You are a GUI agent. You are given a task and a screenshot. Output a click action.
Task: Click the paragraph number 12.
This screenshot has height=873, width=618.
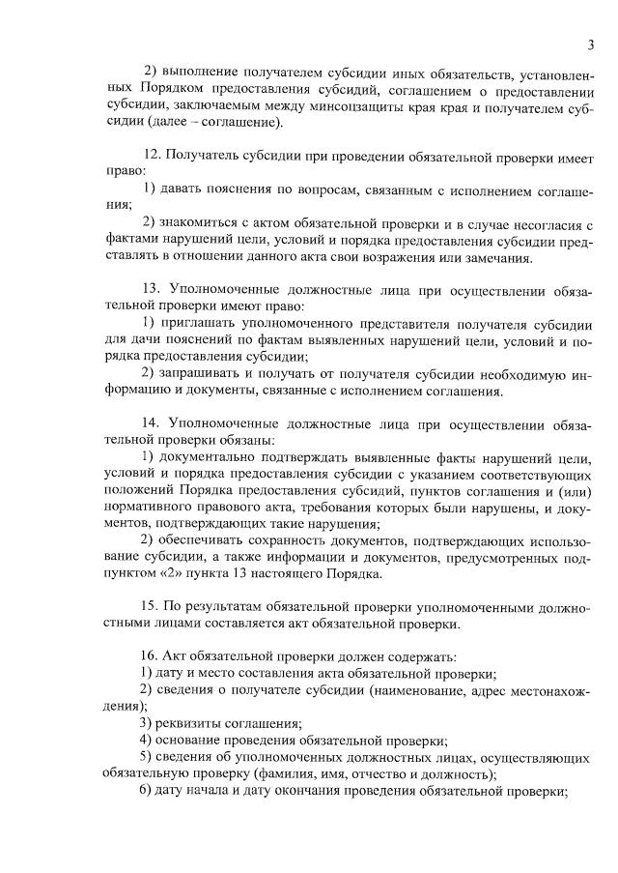click(151, 155)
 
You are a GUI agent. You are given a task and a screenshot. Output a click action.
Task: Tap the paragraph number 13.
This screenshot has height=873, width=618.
click(151, 288)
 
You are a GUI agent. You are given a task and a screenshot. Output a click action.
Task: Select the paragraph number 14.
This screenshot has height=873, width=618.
click(151, 422)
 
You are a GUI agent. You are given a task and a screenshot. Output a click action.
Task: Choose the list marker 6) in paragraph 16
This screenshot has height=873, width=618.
click(145, 791)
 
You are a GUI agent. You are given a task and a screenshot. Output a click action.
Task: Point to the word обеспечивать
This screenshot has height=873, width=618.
click(201, 539)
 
